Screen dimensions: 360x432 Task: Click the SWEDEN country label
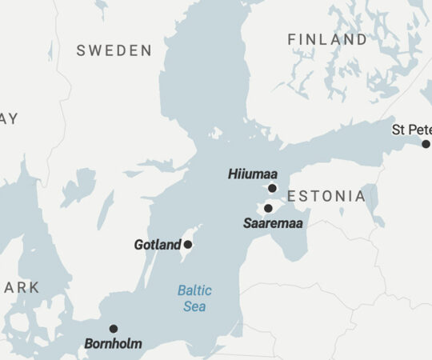click(114, 50)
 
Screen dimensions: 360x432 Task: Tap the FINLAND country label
click(327, 39)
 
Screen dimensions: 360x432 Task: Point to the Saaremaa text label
click(273, 223)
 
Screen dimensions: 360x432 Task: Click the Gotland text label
click(158, 245)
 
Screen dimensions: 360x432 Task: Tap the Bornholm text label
click(113, 344)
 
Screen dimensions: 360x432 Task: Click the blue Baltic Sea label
click(194, 298)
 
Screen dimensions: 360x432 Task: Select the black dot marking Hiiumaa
click(272, 188)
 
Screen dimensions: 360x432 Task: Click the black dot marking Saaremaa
click(268, 208)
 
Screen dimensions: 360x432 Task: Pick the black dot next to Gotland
click(188, 244)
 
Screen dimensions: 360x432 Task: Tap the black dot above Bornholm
click(114, 328)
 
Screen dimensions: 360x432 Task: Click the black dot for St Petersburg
click(426, 144)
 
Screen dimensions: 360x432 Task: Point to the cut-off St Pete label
click(411, 129)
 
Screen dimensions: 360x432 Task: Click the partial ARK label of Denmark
click(20, 287)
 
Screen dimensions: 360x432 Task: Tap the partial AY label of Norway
click(9, 118)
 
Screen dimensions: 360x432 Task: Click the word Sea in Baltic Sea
click(194, 306)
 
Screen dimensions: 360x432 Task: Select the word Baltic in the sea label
click(194, 290)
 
